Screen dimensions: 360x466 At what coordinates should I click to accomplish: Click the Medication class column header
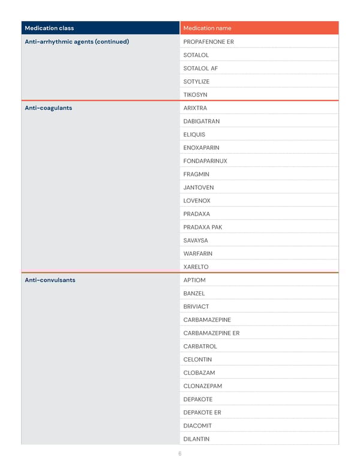(49, 28)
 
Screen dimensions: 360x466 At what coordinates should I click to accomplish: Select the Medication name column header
(207, 28)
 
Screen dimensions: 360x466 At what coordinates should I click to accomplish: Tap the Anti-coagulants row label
(48, 108)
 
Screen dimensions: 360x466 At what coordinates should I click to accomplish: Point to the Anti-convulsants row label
(50, 280)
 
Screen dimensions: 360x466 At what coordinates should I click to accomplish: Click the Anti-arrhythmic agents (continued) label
(77, 42)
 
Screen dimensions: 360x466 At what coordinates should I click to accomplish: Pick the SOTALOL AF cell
(200, 68)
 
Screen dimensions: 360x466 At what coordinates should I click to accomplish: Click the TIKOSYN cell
(196, 95)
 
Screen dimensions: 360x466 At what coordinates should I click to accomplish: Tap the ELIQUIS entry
(194, 135)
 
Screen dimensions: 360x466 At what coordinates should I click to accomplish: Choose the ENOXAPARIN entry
(201, 148)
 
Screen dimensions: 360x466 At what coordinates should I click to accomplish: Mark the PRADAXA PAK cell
(203, 227)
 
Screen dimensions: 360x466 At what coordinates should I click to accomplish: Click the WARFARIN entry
(198, 253)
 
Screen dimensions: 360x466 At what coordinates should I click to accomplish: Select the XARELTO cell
(196, 267)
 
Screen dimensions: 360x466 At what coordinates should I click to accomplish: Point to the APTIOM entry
(194, 280)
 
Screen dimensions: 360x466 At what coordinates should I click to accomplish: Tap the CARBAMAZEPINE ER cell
(211, 333)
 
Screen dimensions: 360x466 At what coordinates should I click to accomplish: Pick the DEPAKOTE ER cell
(202, 412)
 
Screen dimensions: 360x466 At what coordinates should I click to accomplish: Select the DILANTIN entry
(197, 438)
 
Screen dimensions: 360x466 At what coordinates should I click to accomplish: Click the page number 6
(180, 454)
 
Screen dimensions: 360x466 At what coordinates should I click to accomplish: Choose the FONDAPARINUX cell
(205, 161)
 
